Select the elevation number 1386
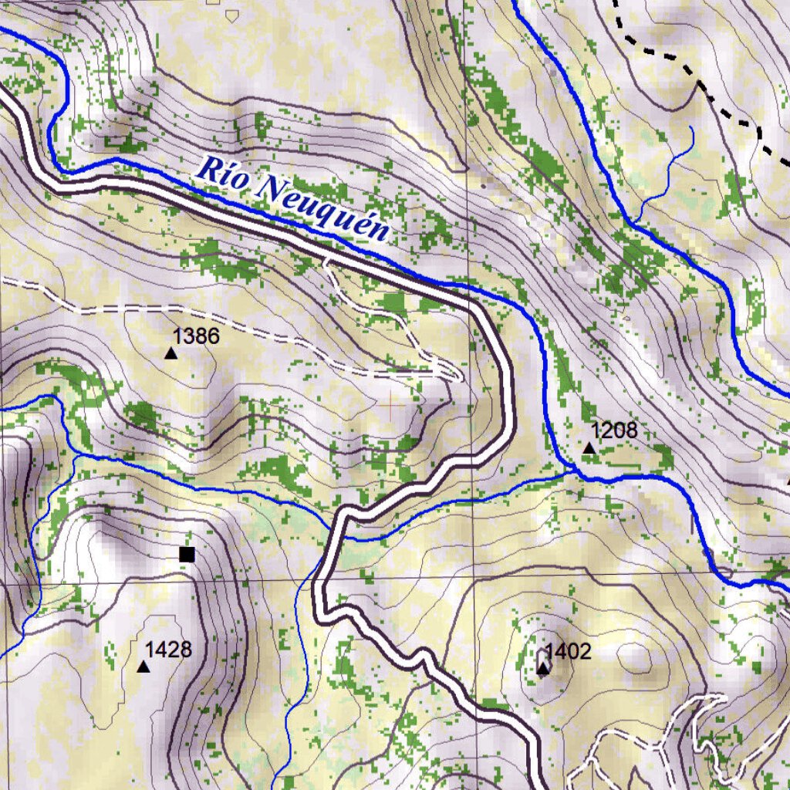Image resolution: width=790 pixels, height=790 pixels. [x=196, y=336]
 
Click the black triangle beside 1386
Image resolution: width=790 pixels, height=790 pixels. [x=170, y=353]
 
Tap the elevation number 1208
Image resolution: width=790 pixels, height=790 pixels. [x=614, y=430]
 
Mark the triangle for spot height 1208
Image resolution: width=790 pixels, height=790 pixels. [x=589, y=448]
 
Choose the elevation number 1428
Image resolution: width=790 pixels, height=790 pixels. [x=168, y=650]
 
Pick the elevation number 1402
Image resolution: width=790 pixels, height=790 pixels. [x=568, y=652]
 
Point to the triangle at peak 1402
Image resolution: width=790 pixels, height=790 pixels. [x=543, y=668]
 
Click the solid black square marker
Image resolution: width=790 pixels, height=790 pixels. [x=186, y=554]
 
